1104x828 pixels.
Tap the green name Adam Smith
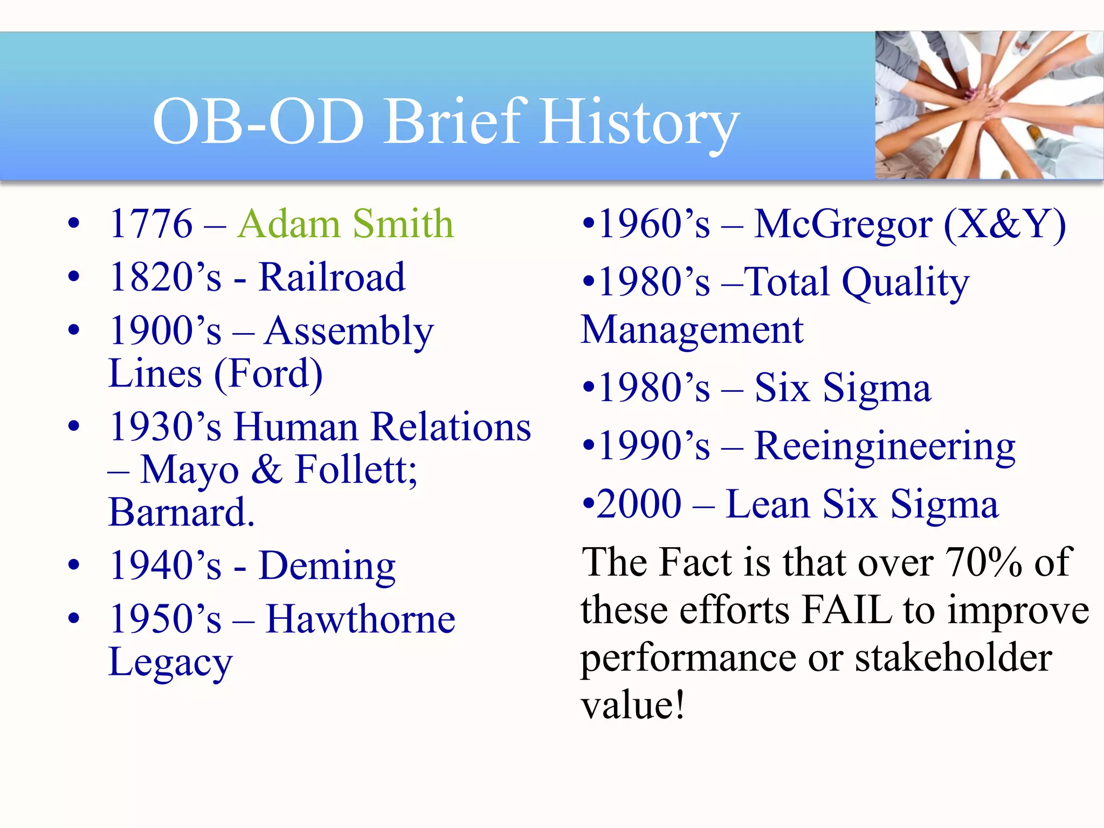point(346,224)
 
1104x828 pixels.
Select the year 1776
point(151,224)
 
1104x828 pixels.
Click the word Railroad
point(332,278)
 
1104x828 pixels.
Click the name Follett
point(356,470)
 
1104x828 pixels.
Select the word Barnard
point(181,512)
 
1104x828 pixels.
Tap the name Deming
point(327,566)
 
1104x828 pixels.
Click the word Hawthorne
point(361,619)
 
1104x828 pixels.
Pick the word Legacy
point(170,663)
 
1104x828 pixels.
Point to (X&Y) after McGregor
point(1005,224)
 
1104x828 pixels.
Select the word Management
point(692,330)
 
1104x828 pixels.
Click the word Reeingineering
point(884,446)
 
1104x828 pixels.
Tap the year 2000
point(639,504)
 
